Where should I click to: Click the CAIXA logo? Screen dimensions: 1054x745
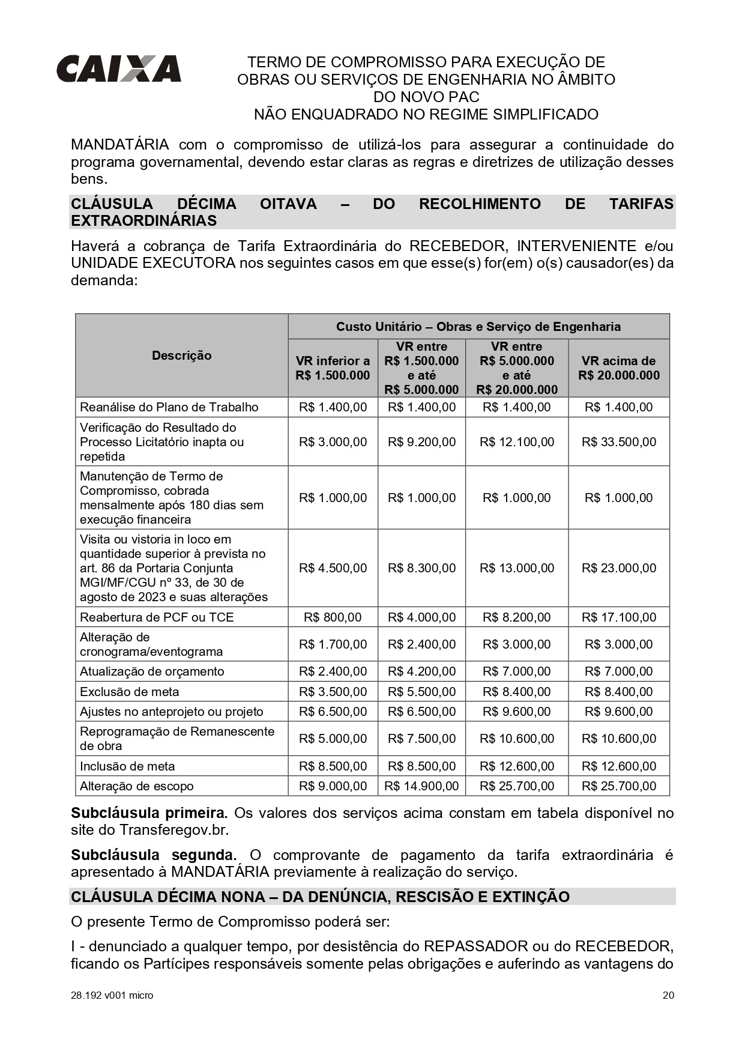[119, 68]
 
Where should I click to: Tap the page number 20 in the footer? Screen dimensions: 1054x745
[668, 995]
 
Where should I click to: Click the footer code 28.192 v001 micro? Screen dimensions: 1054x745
[112, 995]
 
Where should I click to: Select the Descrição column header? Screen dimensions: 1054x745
[181, 356]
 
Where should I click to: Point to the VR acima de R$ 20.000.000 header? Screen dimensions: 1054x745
[618, 368]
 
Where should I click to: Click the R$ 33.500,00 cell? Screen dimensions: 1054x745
[618, 442]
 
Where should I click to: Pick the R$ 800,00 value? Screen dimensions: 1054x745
[333, 617]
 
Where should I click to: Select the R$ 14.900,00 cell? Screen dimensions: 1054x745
[421, 786]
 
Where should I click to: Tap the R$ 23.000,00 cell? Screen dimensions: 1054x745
[618, 568]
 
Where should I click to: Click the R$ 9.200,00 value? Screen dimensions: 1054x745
[421, 442]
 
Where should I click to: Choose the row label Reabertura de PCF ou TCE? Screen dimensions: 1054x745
[157, 617]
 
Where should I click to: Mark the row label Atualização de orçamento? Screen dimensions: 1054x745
[152, 671]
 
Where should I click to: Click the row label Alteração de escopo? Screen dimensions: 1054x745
[137, 786]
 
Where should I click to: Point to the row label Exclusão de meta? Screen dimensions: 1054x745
[130, 692]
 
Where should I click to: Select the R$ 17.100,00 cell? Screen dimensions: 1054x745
[618, 617]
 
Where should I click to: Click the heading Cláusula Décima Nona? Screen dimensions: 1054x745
[320, 897]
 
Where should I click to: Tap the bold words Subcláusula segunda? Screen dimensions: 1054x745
[153, 855]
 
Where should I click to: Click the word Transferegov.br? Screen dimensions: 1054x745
[174, 830]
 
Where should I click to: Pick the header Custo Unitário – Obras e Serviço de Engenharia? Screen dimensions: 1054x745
[478, 327]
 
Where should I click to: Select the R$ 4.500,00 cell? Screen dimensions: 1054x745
[333, 568]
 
